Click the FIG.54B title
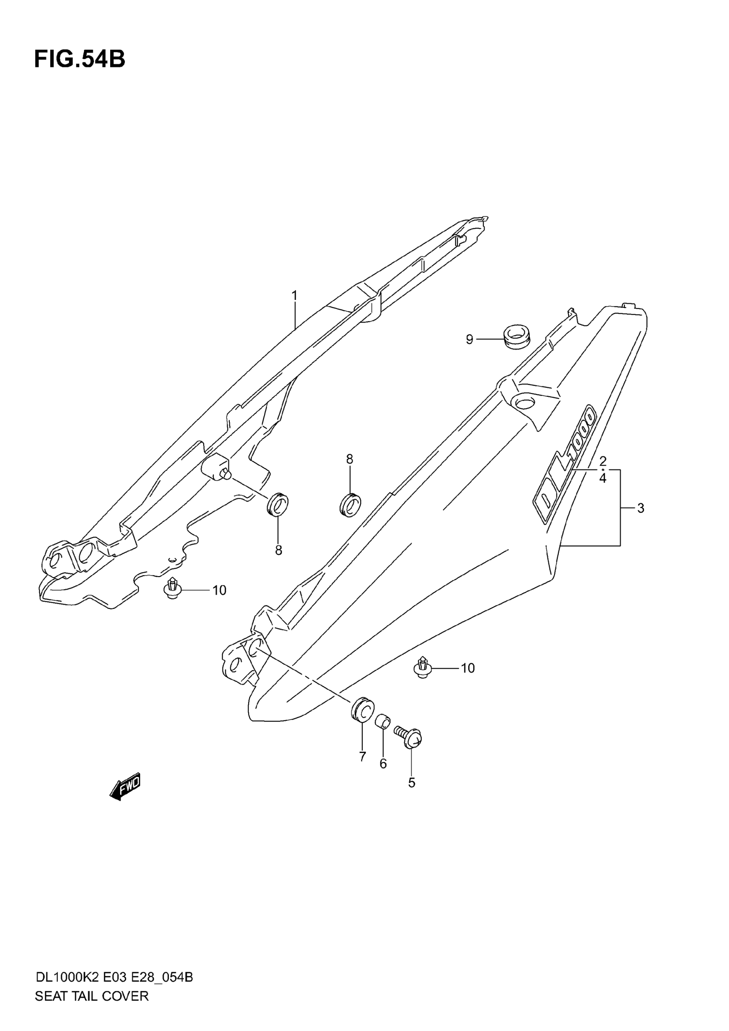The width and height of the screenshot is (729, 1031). point(79,59)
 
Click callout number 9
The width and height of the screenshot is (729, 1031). point(470,339)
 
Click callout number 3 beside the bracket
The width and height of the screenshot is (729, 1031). point(641,508)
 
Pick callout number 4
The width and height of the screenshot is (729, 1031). point(603,479)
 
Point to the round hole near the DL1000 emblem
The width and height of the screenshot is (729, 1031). point(524,402)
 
